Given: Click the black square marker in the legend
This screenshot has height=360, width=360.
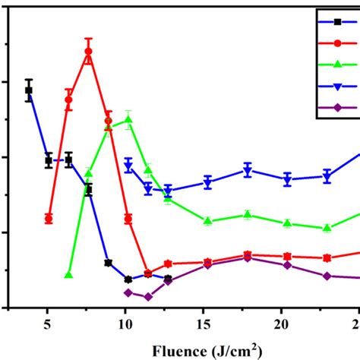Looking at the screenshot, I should pos(338,21).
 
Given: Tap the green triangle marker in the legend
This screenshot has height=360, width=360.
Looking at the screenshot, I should pos(338,65).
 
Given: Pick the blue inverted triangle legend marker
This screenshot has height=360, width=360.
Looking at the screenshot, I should pos(338,87).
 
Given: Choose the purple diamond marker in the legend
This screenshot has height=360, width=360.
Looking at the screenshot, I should pos(338,108).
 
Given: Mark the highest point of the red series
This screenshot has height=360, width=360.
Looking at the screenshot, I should pos(88,52).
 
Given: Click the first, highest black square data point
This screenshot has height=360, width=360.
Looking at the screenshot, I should pos(29,90).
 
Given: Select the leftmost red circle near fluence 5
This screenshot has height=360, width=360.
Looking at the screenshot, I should pos(49,219).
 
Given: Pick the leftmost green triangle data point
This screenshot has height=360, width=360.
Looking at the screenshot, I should pos(68,275).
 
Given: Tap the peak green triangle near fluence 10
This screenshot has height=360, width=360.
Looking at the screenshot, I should pos(128,119).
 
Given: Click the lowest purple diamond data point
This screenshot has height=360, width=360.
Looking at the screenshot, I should pos(147,296).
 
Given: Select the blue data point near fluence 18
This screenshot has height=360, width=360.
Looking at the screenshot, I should pos(247,170).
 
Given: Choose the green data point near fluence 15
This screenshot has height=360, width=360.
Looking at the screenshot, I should pos(207,221).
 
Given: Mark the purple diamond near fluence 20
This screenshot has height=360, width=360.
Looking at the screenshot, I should pos(287,265).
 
